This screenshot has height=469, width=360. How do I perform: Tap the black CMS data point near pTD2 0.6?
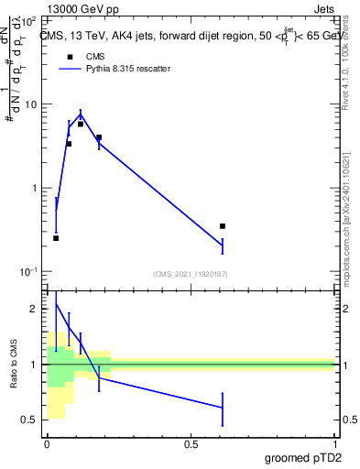click(x=223, y=225)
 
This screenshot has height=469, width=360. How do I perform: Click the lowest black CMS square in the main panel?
click(x=56, y=238)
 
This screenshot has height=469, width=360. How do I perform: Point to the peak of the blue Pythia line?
click(x=82, y=115)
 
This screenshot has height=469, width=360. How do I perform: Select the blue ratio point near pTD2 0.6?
click(x=223, y=408)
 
